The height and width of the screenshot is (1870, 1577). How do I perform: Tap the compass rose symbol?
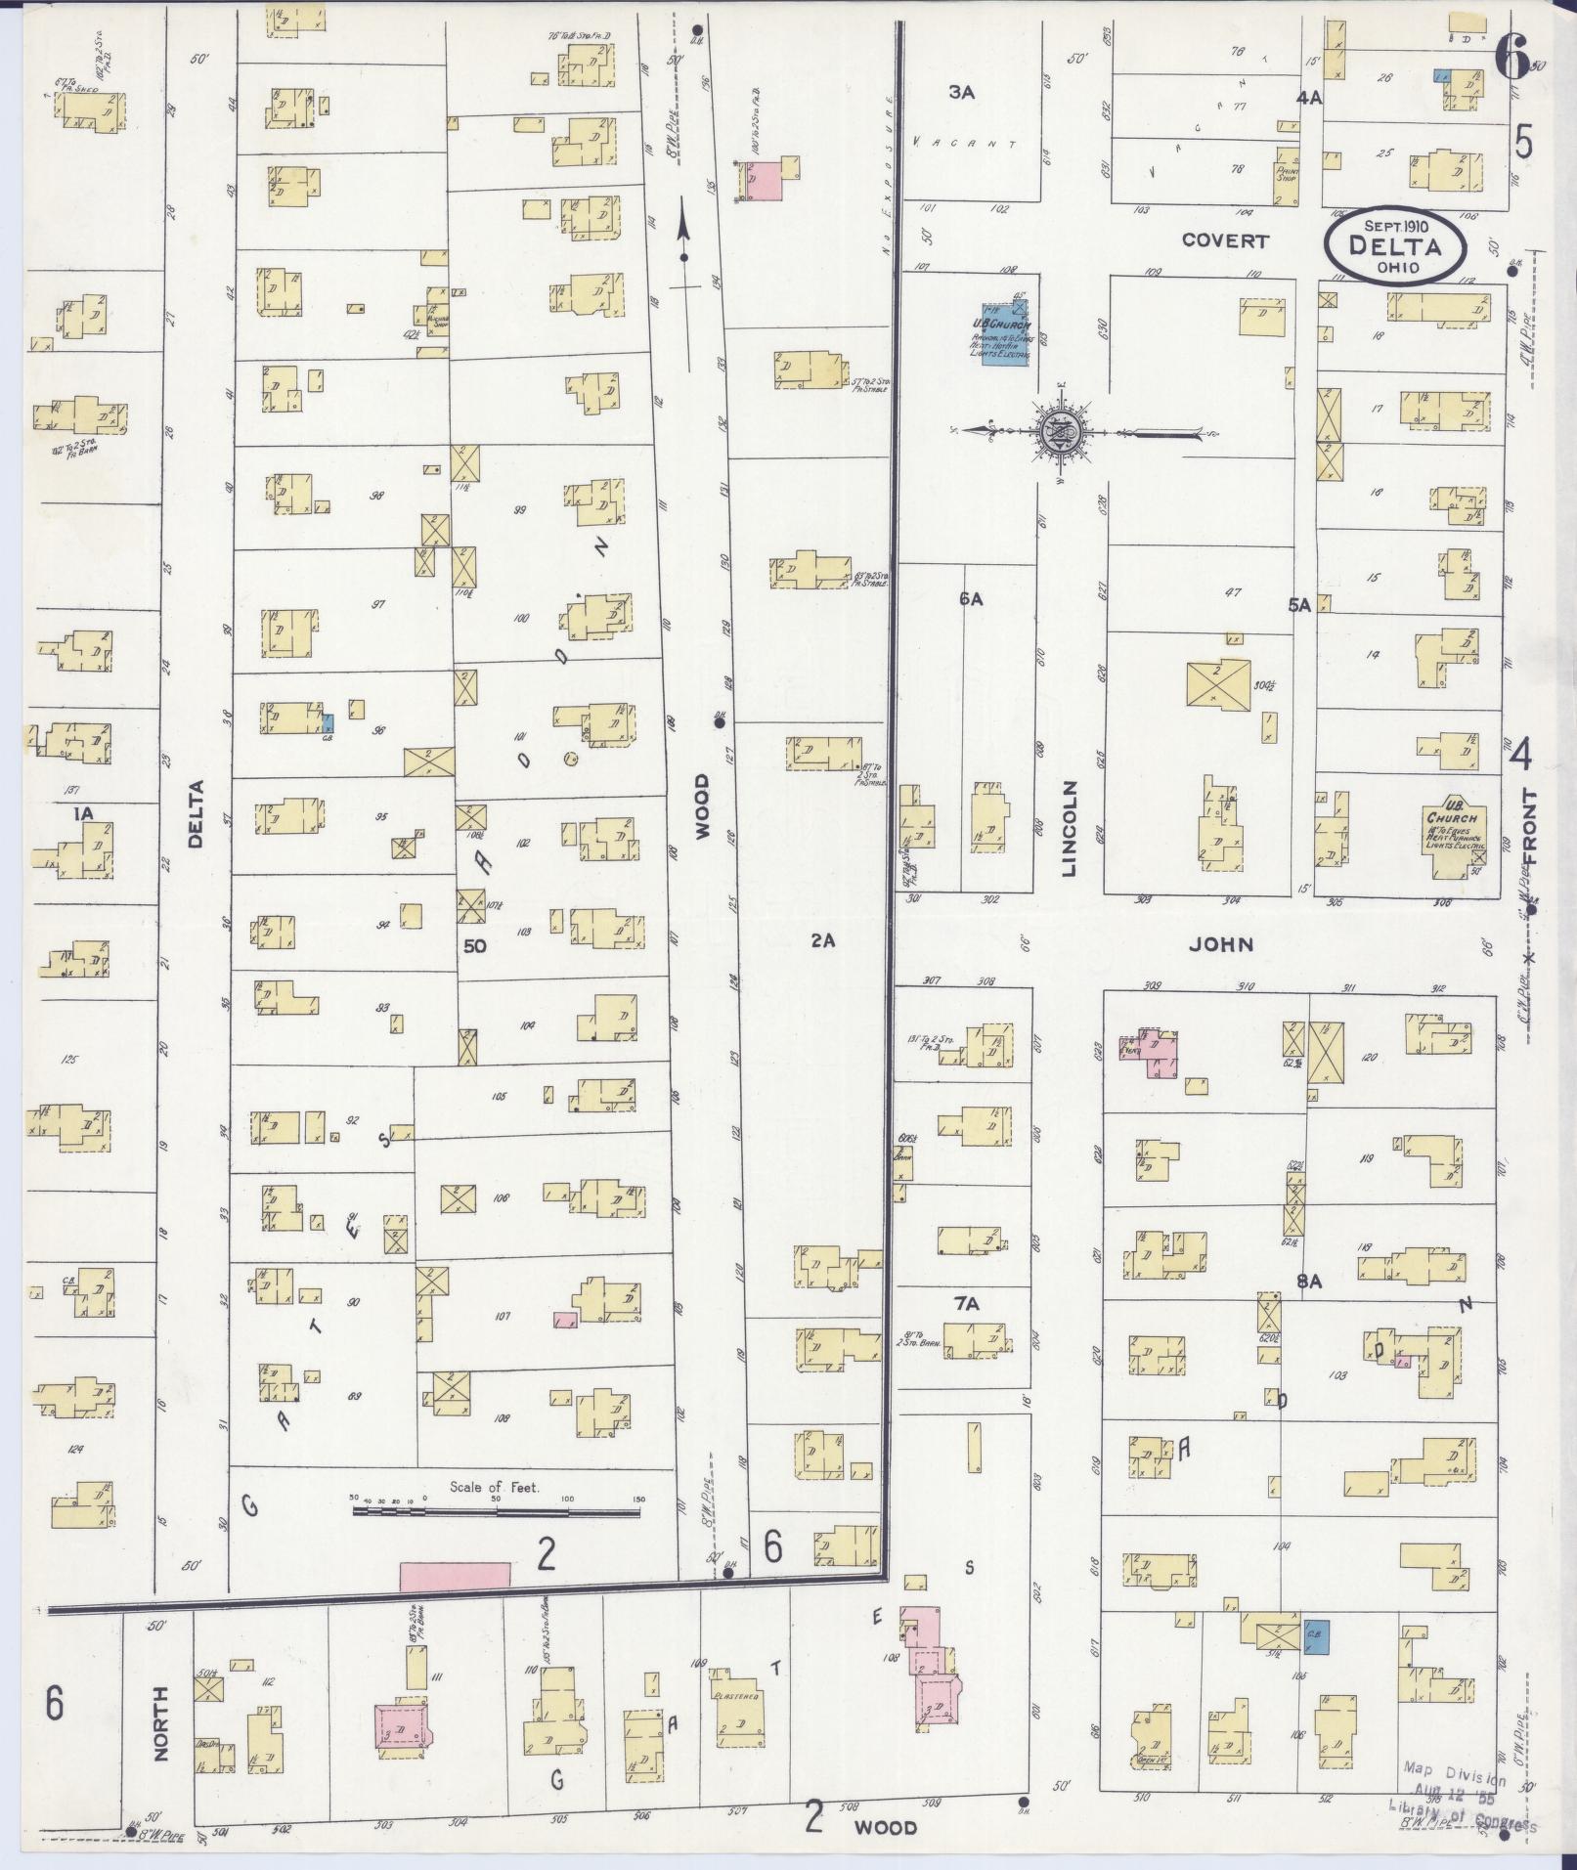click(1059, 430)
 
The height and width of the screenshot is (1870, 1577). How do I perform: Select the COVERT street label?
click(1224, 240)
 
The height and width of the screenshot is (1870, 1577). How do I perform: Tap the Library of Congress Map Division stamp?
click(1467, 1797)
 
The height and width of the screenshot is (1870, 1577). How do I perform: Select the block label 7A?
click(967, 1303)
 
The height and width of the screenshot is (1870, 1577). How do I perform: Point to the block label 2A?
click(823, 940)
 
